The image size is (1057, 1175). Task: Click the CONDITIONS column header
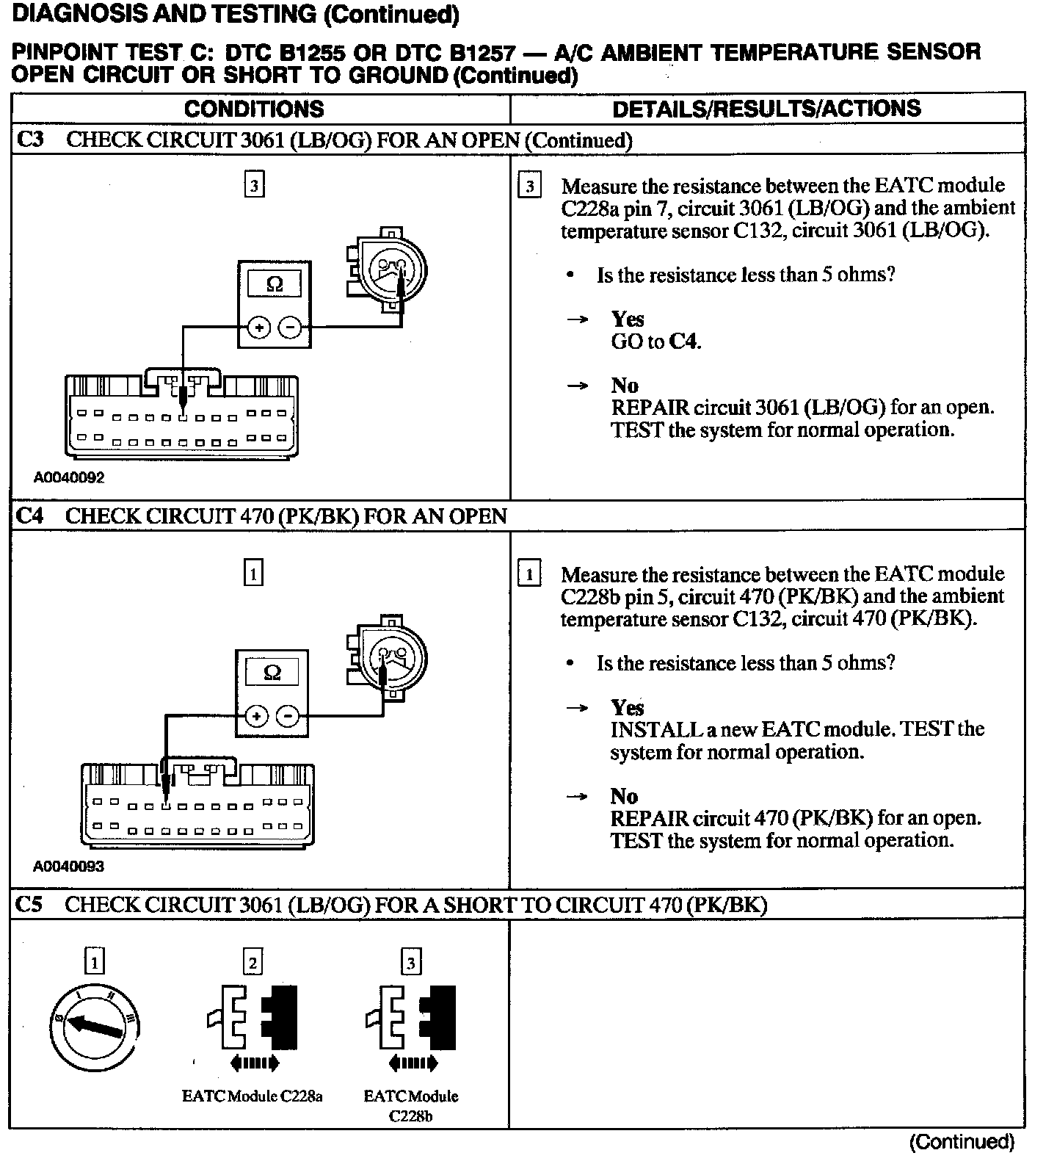point(254,109)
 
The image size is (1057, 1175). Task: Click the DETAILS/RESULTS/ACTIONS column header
point(766,109)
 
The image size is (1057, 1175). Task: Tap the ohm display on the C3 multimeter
point(274,284)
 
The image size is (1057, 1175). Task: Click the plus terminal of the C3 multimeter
point(258,328)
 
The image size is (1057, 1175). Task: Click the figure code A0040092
point(69,477)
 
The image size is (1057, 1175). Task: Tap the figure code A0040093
point(69,866)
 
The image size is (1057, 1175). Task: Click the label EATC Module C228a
point(253,1096)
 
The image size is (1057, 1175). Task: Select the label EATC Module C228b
point(411,1105)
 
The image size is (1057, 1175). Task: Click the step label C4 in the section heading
point(29,516)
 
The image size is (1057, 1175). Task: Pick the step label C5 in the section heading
point(29,904)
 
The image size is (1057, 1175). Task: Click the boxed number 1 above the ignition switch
point(95,961)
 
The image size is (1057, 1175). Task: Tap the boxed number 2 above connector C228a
point(253,962)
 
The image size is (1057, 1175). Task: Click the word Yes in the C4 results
point(628,707)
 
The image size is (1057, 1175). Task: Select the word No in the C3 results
point(625,386)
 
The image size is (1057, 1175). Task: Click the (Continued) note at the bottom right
point(962,1142)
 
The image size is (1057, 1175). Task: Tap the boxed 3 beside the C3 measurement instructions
point(529,186)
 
